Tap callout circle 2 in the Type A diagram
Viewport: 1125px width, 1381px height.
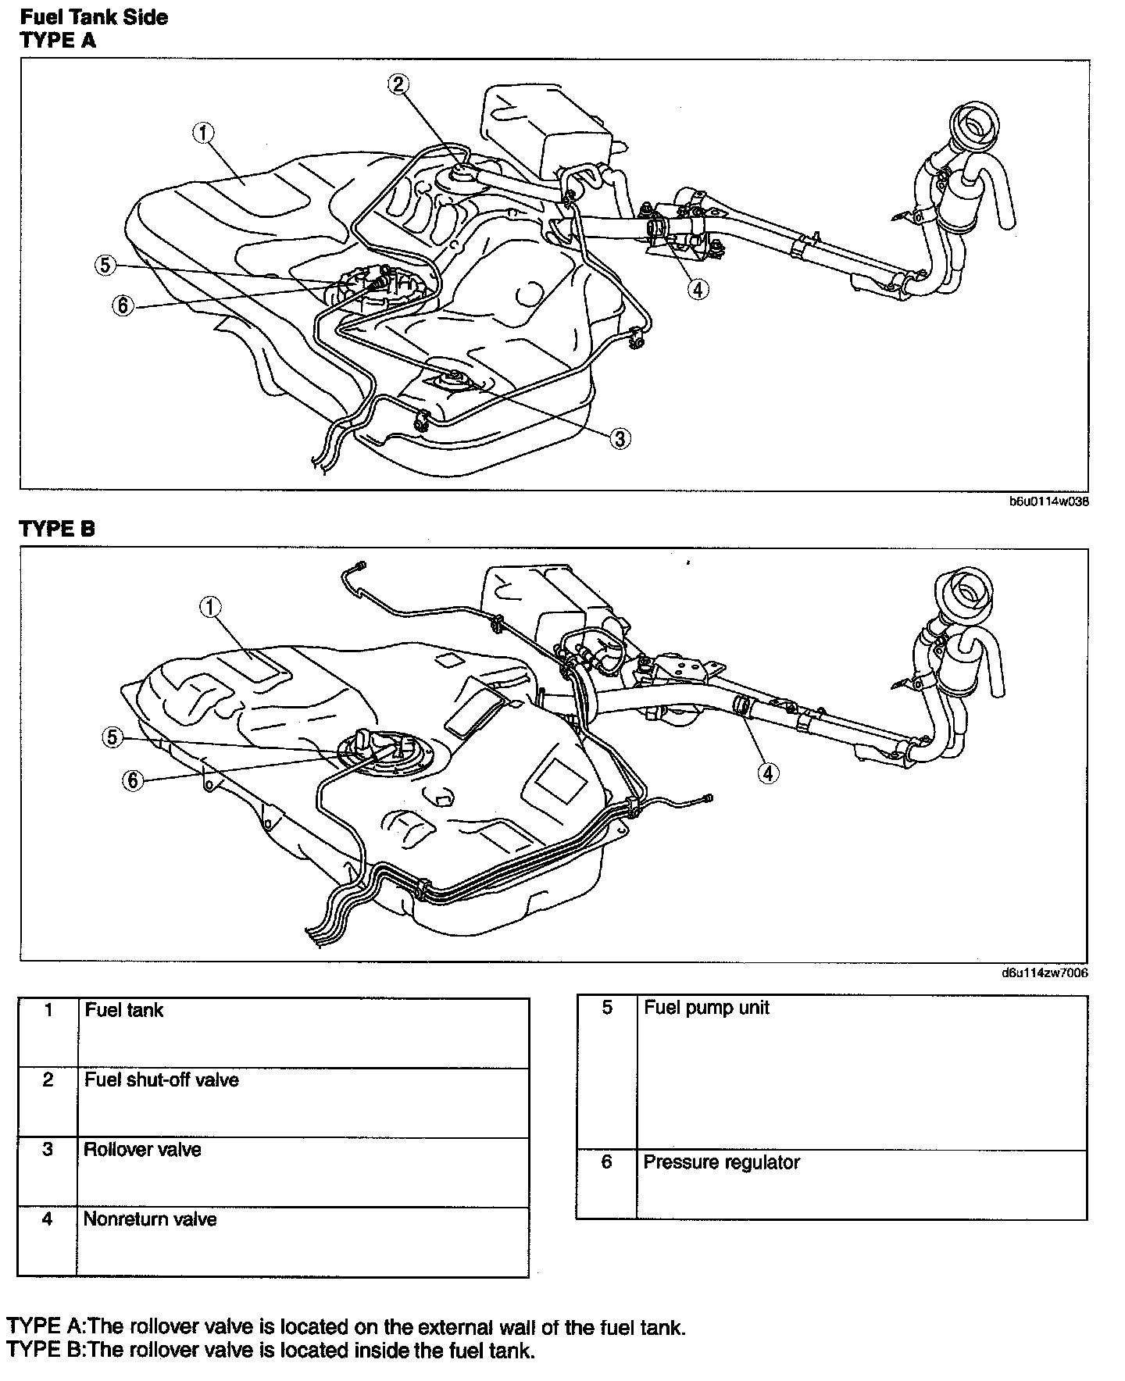pyautogui.click(x=398, y=84)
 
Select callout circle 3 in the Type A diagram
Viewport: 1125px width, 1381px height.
pyautogui.click(x=620, y=439)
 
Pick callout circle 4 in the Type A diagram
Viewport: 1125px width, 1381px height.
pyautogui.click(x=698, y=289)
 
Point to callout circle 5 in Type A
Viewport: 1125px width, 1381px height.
pyautogui.click(x=105, y=265)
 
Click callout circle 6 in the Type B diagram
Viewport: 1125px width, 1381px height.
pyautogui.click(x=132, y=780)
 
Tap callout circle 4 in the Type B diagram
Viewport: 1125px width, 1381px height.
pyautogui.click(x=768, y=773)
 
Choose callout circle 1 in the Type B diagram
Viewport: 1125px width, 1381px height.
pyautogui.click(x=211, y=607)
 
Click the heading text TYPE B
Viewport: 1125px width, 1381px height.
pyautogui.click(x=57, y=529)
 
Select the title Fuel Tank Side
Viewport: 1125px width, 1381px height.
pyautogui.click(x=94, y=17)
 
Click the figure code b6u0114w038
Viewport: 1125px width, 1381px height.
pyautogui.click(x=1049, y=501)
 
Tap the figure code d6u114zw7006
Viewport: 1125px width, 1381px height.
pyautogui.click(x=1045, y=973)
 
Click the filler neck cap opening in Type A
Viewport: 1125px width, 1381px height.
pyautogui.click(x=972, y=123)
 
